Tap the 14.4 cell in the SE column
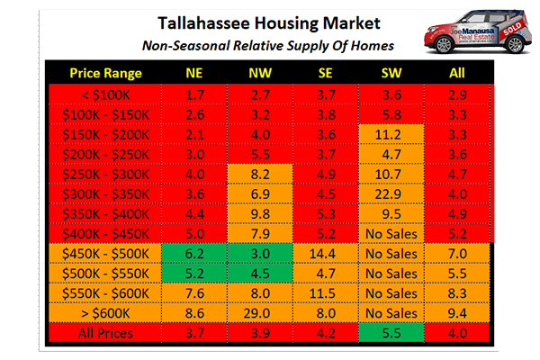click(x=326, y=255)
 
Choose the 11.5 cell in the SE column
click(x=326, y=294)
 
